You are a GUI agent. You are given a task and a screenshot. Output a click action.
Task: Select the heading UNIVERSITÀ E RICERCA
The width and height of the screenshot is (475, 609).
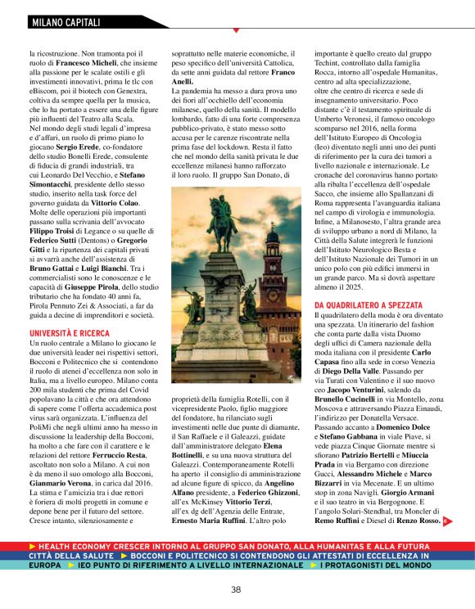tap(69, 334)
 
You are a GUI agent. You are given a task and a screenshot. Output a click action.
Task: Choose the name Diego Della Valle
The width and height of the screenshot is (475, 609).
tap(350, 370)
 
